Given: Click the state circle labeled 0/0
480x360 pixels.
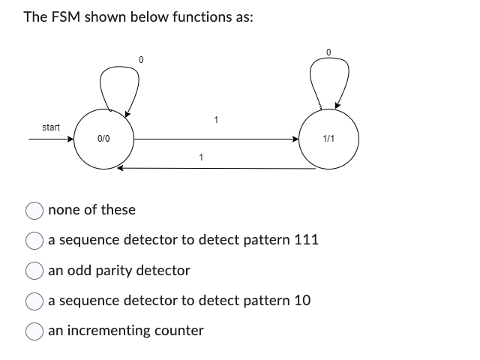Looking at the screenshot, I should click(x=104, y=139).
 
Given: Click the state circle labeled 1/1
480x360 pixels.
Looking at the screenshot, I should click(x=328, y=139).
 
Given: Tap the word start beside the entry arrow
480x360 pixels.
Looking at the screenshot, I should click(x=51, y=127).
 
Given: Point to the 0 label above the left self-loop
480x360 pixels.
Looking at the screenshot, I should click(x=140, y=59).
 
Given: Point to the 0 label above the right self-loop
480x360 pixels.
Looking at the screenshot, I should click(x=328, y=50).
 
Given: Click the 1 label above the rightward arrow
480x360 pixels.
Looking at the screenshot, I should click(x=216, y=119).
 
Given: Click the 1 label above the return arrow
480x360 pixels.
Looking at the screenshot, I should click(x=200, y=157).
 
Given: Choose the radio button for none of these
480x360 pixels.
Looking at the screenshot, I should click(x=35, y=210).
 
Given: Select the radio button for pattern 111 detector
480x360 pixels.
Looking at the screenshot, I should click(x=35, y=240).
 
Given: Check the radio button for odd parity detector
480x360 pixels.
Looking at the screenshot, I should click(x=35, y=270).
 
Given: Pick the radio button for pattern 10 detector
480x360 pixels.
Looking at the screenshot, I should click(x=35, y=301).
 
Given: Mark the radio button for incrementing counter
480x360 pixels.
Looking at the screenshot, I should click(x=35, y=331).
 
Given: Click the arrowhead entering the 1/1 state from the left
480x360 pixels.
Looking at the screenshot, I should click(x=295, y=139).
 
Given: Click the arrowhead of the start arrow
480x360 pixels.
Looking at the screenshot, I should click(x=71, y=139).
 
